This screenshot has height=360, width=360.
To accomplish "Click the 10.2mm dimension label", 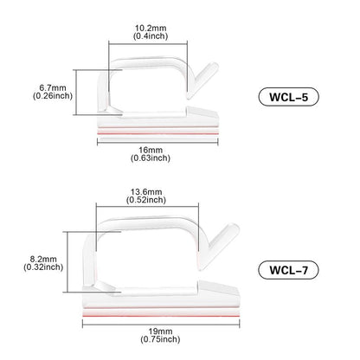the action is (151, 28).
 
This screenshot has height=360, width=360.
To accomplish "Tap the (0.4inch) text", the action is (151, 36).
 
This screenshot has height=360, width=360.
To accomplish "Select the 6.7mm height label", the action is (53, 87).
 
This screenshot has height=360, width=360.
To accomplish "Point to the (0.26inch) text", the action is (53, 96).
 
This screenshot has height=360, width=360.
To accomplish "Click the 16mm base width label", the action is (151, 150).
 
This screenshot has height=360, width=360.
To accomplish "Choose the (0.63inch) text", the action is (151, 158).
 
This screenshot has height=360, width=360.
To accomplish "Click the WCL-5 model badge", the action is (289, 97).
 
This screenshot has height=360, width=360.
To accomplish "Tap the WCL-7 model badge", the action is (289, 270).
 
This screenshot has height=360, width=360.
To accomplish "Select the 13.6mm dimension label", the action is (146, 192).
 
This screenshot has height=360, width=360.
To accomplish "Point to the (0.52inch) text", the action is (146, 200).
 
